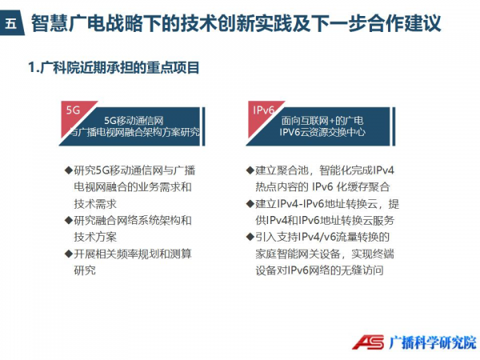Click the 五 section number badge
11,22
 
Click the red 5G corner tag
74,112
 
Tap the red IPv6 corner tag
261,112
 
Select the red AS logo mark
368,342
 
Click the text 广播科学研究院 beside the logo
433,342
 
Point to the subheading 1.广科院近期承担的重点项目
114,68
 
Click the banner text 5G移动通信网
134,121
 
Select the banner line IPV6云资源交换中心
322,132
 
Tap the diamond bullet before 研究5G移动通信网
69,170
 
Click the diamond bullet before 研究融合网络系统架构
69,220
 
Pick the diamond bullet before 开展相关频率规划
69,254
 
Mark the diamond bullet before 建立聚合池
250,170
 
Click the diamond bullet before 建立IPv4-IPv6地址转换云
250,203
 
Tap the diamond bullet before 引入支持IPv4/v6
250,237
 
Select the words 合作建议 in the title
404,23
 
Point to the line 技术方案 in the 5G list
95,237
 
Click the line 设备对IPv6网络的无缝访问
319,270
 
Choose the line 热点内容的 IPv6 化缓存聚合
322,186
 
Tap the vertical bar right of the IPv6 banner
394,126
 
